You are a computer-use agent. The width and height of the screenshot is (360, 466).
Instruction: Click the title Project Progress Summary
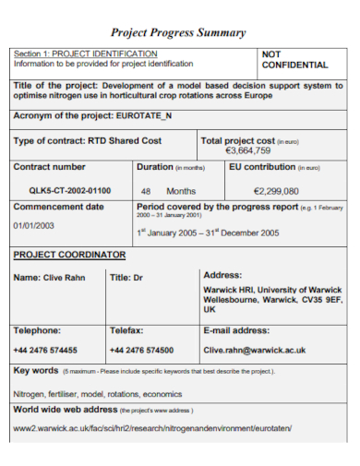178,32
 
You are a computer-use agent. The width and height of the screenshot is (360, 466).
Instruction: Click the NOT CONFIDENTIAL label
294,60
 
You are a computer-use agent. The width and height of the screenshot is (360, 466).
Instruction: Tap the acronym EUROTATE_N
144,116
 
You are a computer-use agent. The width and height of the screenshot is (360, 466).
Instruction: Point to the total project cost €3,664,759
248,149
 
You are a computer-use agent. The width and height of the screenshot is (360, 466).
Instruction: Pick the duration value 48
146,191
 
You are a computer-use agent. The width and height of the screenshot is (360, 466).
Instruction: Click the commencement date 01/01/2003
34,225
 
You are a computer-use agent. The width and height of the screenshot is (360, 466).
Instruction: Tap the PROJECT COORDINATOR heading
69,254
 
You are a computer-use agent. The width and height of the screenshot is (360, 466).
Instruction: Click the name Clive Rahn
53,277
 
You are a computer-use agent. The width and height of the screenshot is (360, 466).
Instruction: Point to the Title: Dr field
126,277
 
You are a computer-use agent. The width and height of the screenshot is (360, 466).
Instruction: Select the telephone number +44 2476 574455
45,350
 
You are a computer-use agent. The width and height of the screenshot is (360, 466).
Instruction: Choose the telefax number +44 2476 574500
141,350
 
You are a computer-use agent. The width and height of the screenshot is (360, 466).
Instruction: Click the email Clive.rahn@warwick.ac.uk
255,350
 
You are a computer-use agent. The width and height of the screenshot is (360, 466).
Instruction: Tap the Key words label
36,370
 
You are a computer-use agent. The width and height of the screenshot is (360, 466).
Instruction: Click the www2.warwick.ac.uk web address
152,428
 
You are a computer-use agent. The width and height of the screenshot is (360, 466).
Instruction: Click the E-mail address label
236,329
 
